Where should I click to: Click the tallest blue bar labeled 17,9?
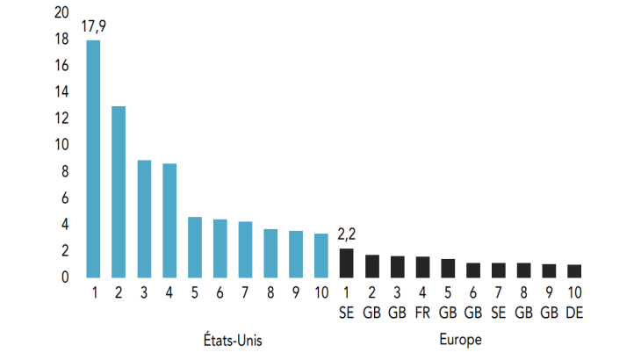pos(93,158)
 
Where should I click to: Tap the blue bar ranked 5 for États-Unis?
pos(195,247)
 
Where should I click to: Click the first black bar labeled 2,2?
pos(346,263)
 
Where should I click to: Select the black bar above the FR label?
pos(422,266)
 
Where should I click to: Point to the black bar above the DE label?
pos(574,270)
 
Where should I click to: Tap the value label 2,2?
pos(348,235)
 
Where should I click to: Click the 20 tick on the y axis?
pos(61,12)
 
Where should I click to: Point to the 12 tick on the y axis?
pos(61,119)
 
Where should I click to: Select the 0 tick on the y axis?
pos(64,277)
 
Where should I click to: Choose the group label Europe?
pos(460,338)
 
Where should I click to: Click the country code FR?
pos(422,313)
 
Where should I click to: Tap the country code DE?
pos(574,313)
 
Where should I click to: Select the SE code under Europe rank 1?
pos(346,313)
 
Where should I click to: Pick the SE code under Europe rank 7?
pos(498,313)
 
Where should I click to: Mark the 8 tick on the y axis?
pos(64,171)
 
